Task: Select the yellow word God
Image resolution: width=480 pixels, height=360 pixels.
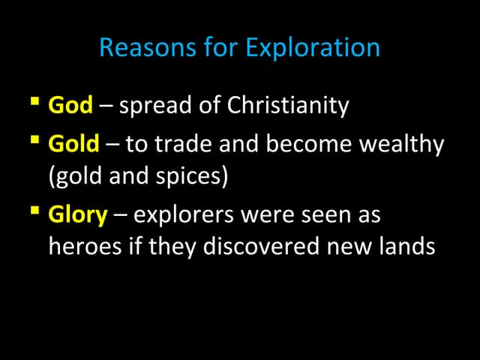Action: [x=70, y=105]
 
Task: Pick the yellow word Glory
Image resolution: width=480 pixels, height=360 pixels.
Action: [x=78, y=215]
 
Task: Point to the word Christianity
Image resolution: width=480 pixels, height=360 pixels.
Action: [x=289, y=106]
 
